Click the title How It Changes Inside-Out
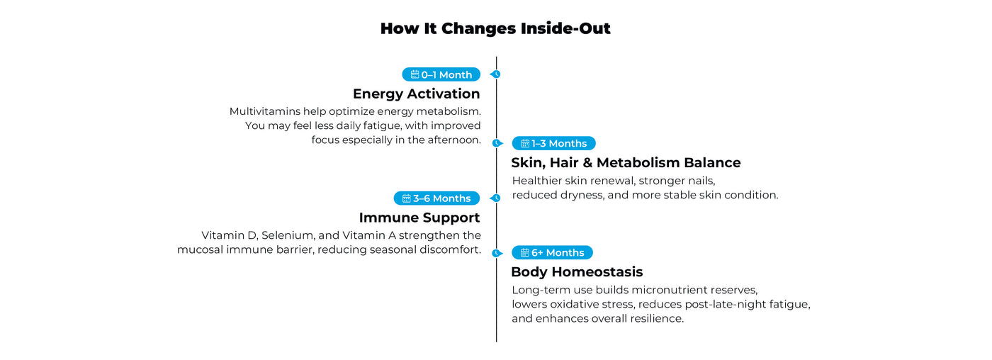pyautogui.click(x=495, y=28)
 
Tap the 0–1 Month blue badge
pyautogui.click(x=441, y=74)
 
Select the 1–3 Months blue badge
pyautogui.click(x=553, y=143)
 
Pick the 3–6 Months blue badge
pyautogui.click(x=436, y=198)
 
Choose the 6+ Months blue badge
pyautogui.click(x=552, y=252)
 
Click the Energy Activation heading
pyautogui.click(x=417, y=94)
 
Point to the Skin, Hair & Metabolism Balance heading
pyautogui.click(x=626, y=162)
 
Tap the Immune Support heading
pyautogui.click(x=419, y=218)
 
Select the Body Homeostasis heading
pyautogui.click(x=577, y=272)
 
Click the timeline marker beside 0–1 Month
pyautogui.click(x=495, y=74)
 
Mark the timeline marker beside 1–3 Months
pyautogui.click(x=497, y=143)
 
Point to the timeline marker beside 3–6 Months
pyautogui.click(x=495, y=198)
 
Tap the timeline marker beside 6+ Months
pyautogui.click(x=497, y=253)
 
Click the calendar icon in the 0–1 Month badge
pyautogui.click(x=415, y=74)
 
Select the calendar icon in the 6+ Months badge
pyautogui.click(x=525, y=252)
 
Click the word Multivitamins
pyautogui.click(x=265, y=111)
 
